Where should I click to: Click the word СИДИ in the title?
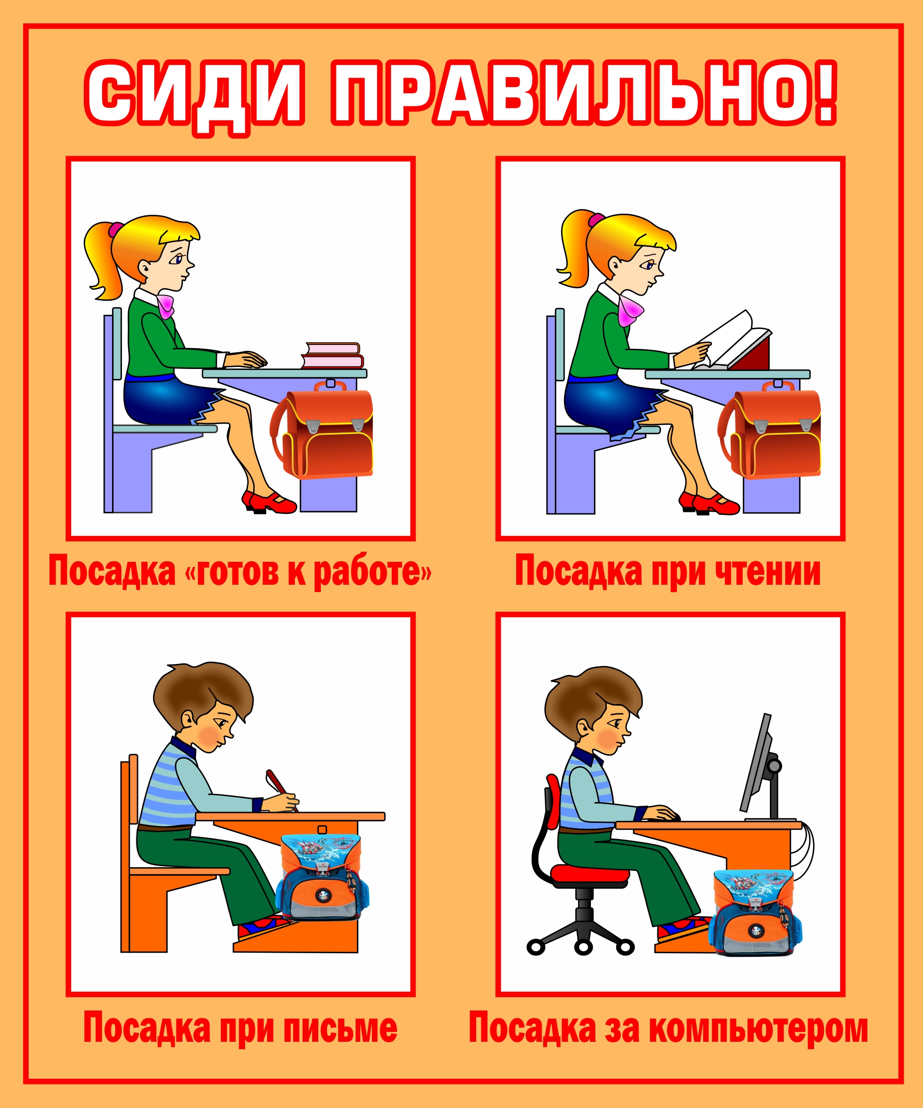(x=195, y=98)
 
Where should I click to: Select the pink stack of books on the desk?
(x=333, y=355)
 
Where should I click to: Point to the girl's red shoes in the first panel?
(x=269, y=502)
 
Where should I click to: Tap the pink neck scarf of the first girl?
(x=166, y=306)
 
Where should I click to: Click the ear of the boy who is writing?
(x=188, y=719)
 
